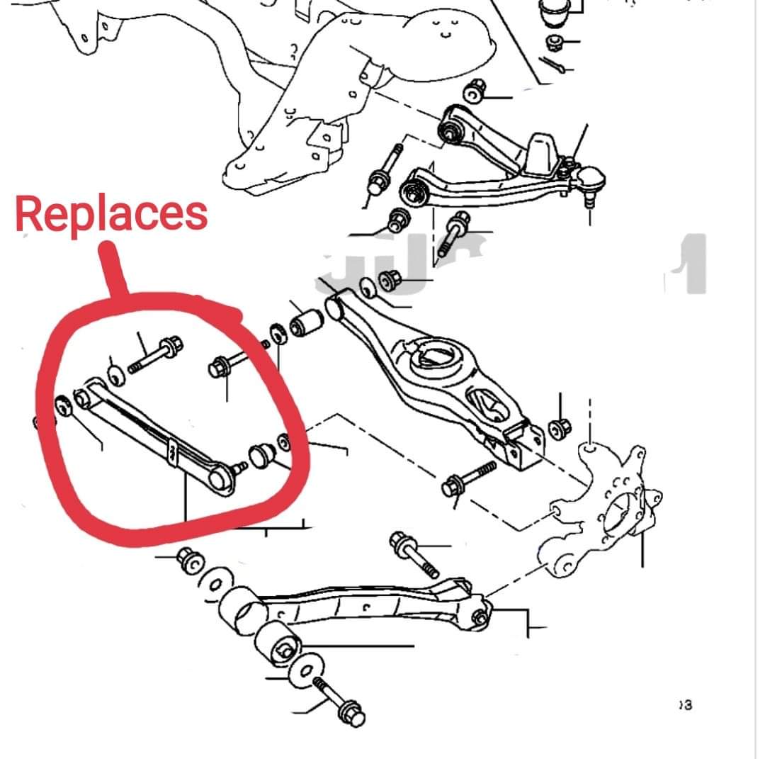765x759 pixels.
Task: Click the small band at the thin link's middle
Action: pos(172,451)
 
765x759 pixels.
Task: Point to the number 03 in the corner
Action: pos(684,704)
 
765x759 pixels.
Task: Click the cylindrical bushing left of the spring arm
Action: pos(307,324)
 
